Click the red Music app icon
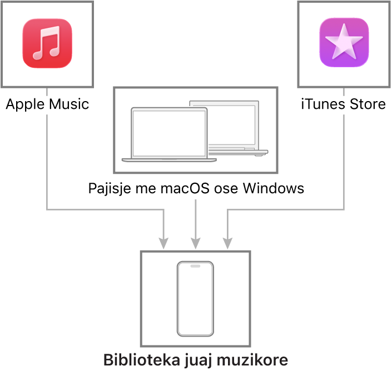[47, 43]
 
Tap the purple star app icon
[344, 43]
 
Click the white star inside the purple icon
[344, 42]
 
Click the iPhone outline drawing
[195, 299]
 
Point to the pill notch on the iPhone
[195, 266]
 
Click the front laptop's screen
[168, 132]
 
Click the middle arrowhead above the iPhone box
[195, 243]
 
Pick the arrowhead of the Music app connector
[163, 243]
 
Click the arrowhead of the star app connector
[227, 243]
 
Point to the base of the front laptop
[168, 160]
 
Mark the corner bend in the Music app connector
[47, 209]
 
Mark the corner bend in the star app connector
[344, 209]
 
